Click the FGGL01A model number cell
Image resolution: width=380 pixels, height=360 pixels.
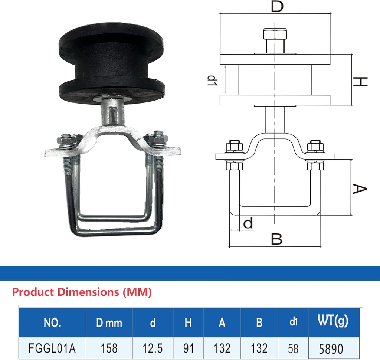(x=52, y=348)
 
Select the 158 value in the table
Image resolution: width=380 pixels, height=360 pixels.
(x=109, y=348)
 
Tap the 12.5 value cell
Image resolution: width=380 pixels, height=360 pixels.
(x=153, y=348)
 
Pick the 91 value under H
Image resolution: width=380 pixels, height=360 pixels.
(x=188, y=348)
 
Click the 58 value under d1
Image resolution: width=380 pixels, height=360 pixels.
(x=293, y=348)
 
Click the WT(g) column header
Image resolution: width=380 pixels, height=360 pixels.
(x=333, y=321)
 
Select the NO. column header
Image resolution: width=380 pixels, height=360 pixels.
(x=52, y=323)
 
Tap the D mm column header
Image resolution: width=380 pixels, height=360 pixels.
(x=109, y=323)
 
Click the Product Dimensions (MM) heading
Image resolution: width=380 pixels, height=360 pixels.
(x=82, y=292)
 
